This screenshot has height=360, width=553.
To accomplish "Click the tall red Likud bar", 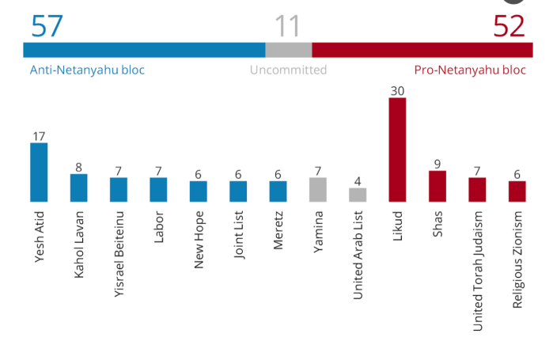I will pos(397,150).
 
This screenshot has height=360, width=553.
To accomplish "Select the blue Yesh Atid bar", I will pos(39,172).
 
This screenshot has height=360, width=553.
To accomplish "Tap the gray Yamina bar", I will pos(318,190).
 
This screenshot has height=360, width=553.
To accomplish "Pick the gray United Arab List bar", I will pos(358,195).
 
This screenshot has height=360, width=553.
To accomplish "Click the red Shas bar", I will pos(437,186).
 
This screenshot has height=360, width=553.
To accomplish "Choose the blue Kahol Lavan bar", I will pos(78,188).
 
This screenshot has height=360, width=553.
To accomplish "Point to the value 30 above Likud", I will pos(397,91).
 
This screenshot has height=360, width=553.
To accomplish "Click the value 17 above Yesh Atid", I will pos(39,136).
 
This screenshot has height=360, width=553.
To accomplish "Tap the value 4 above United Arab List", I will pos(358,181).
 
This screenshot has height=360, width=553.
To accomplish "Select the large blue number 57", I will pos(47,27).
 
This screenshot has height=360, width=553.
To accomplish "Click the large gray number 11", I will pos(287,27).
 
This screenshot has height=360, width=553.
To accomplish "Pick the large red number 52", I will pos(509,27).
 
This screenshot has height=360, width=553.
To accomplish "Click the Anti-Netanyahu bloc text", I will pos(87,70).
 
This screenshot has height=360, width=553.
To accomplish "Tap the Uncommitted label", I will pos(288,70).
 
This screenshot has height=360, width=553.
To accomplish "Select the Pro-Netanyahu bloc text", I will pos(470,70).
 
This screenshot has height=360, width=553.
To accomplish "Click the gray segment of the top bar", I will pos(288,50).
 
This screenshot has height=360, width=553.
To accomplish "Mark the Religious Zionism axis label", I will pos(517,260).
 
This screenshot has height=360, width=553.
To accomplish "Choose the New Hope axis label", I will pos(199,240).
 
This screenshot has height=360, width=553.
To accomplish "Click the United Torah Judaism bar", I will pos(477,190).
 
